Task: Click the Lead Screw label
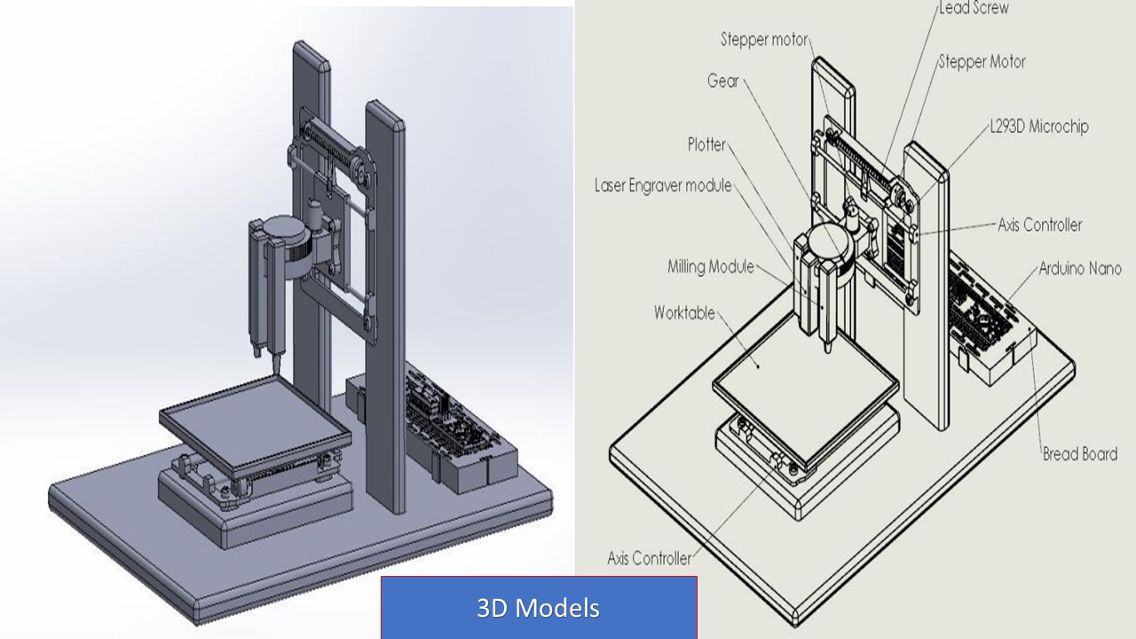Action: pos(974,8)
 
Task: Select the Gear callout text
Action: pos(723,81)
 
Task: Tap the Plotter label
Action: pos(707,145)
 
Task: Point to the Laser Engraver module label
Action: pos(663,185)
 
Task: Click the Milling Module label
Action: pos(711,266)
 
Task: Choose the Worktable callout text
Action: pos(684,312)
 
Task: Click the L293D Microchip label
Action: pos(1039,126)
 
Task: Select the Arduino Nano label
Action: pos(1080,268)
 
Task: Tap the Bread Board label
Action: pos(1080,454)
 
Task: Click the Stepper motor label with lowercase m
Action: pos(764,40)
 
